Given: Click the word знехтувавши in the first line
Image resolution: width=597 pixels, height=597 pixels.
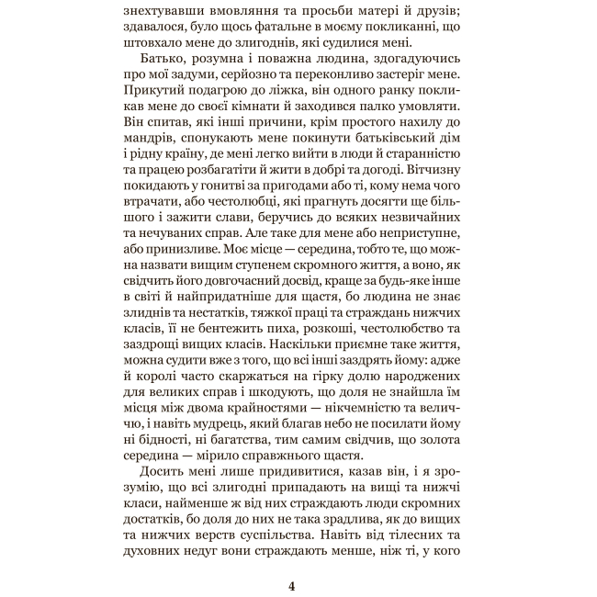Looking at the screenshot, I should (168, 11).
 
